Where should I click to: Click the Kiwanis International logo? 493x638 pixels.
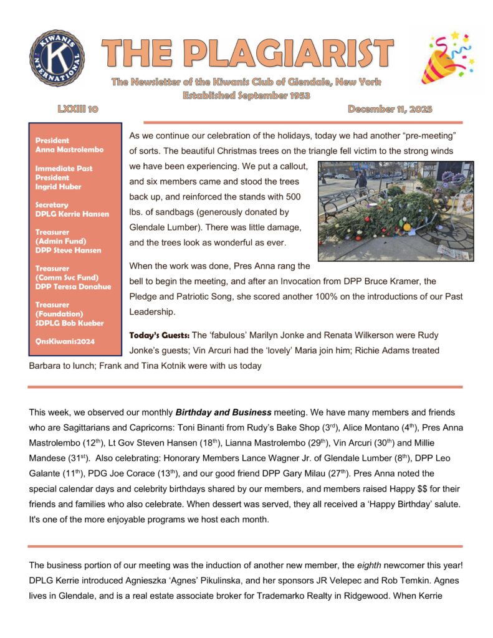(56, 58)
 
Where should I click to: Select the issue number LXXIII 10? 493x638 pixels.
(77, 109)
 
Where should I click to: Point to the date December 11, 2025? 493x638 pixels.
(390, 109)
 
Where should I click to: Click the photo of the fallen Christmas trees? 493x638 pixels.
(396, 211)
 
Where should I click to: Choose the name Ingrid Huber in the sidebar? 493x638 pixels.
(57, 186)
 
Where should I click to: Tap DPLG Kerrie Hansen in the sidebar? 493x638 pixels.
(72, 214)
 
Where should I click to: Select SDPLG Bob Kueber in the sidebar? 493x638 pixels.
(70, 323)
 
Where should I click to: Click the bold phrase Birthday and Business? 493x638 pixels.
(223, 412)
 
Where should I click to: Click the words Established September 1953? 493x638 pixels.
(246, 95)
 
